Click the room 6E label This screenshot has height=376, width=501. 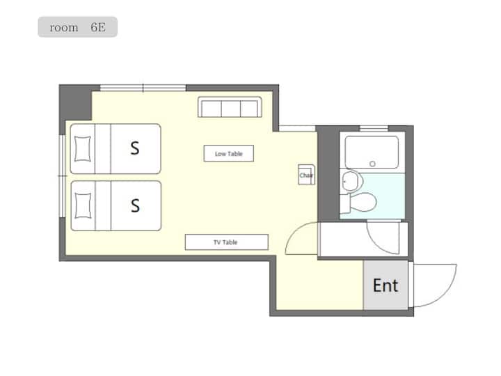click(x=78, y=27)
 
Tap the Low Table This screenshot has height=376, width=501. click(x=229, y=153)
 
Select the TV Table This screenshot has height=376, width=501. click(x=227, y=242)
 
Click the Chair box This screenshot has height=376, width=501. click(x=306, y=175)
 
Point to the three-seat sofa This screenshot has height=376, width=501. click(x=230, y=107)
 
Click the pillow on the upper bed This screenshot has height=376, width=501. click(x=82, y=149)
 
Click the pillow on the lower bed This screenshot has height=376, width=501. click(x=83, y=206)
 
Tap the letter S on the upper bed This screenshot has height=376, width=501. click(x=135, y=148)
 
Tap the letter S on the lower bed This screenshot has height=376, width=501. click(x=135, y=205)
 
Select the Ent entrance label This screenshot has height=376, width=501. click(x=385, y=285)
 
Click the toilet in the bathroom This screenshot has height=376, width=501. click(x=358, y=203)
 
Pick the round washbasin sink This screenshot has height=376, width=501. click(x=351, y=181)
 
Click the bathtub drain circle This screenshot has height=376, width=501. click(x=372, y=164)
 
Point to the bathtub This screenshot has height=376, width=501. click(x=372, y=152)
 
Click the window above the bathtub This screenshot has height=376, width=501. click(x=374, y=129)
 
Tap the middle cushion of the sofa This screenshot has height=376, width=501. click(x=231, y=109)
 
